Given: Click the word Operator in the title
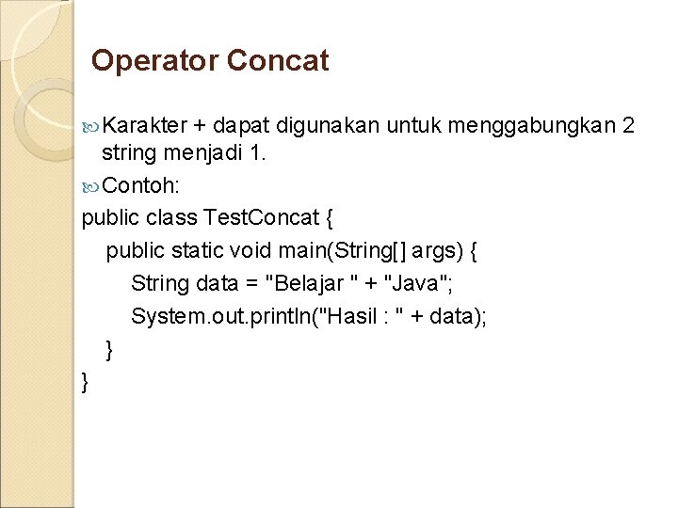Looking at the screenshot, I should click(154, 62).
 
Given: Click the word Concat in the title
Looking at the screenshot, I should click(278, 62).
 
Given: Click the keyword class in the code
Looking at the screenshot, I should click(171, 218).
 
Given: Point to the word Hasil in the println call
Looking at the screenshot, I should click(354, 316).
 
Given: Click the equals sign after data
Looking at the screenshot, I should click(250, 283).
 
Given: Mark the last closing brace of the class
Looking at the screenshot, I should click(87, 381).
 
